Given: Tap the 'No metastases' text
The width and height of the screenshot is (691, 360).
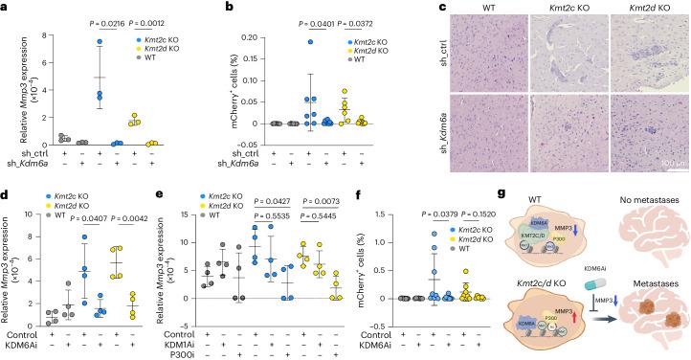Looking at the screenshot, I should pos(635,197).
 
